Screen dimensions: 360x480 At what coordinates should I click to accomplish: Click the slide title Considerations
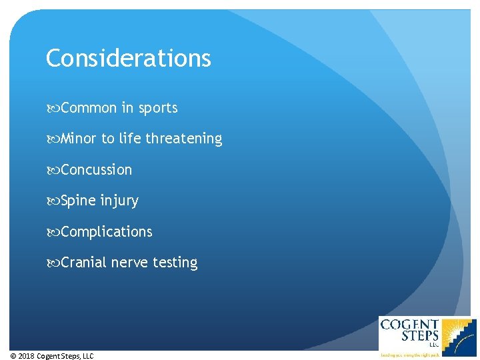click(128, 59)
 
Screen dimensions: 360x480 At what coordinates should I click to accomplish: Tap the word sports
click(158, 108)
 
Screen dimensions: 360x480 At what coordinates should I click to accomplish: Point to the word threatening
click(184, 139)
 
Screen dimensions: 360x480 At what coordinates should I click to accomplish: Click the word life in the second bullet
click(130, 139)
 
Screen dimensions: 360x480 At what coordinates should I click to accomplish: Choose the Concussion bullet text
click(96, 170)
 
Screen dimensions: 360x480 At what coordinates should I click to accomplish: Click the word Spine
click(79, 201)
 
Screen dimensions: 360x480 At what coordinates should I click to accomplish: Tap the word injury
click(119, 201)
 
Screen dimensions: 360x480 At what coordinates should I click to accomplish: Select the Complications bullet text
click(106, 232)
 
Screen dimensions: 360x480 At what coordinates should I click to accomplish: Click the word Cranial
click(83, 263)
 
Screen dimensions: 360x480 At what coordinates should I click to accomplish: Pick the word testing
click(175, 263)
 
